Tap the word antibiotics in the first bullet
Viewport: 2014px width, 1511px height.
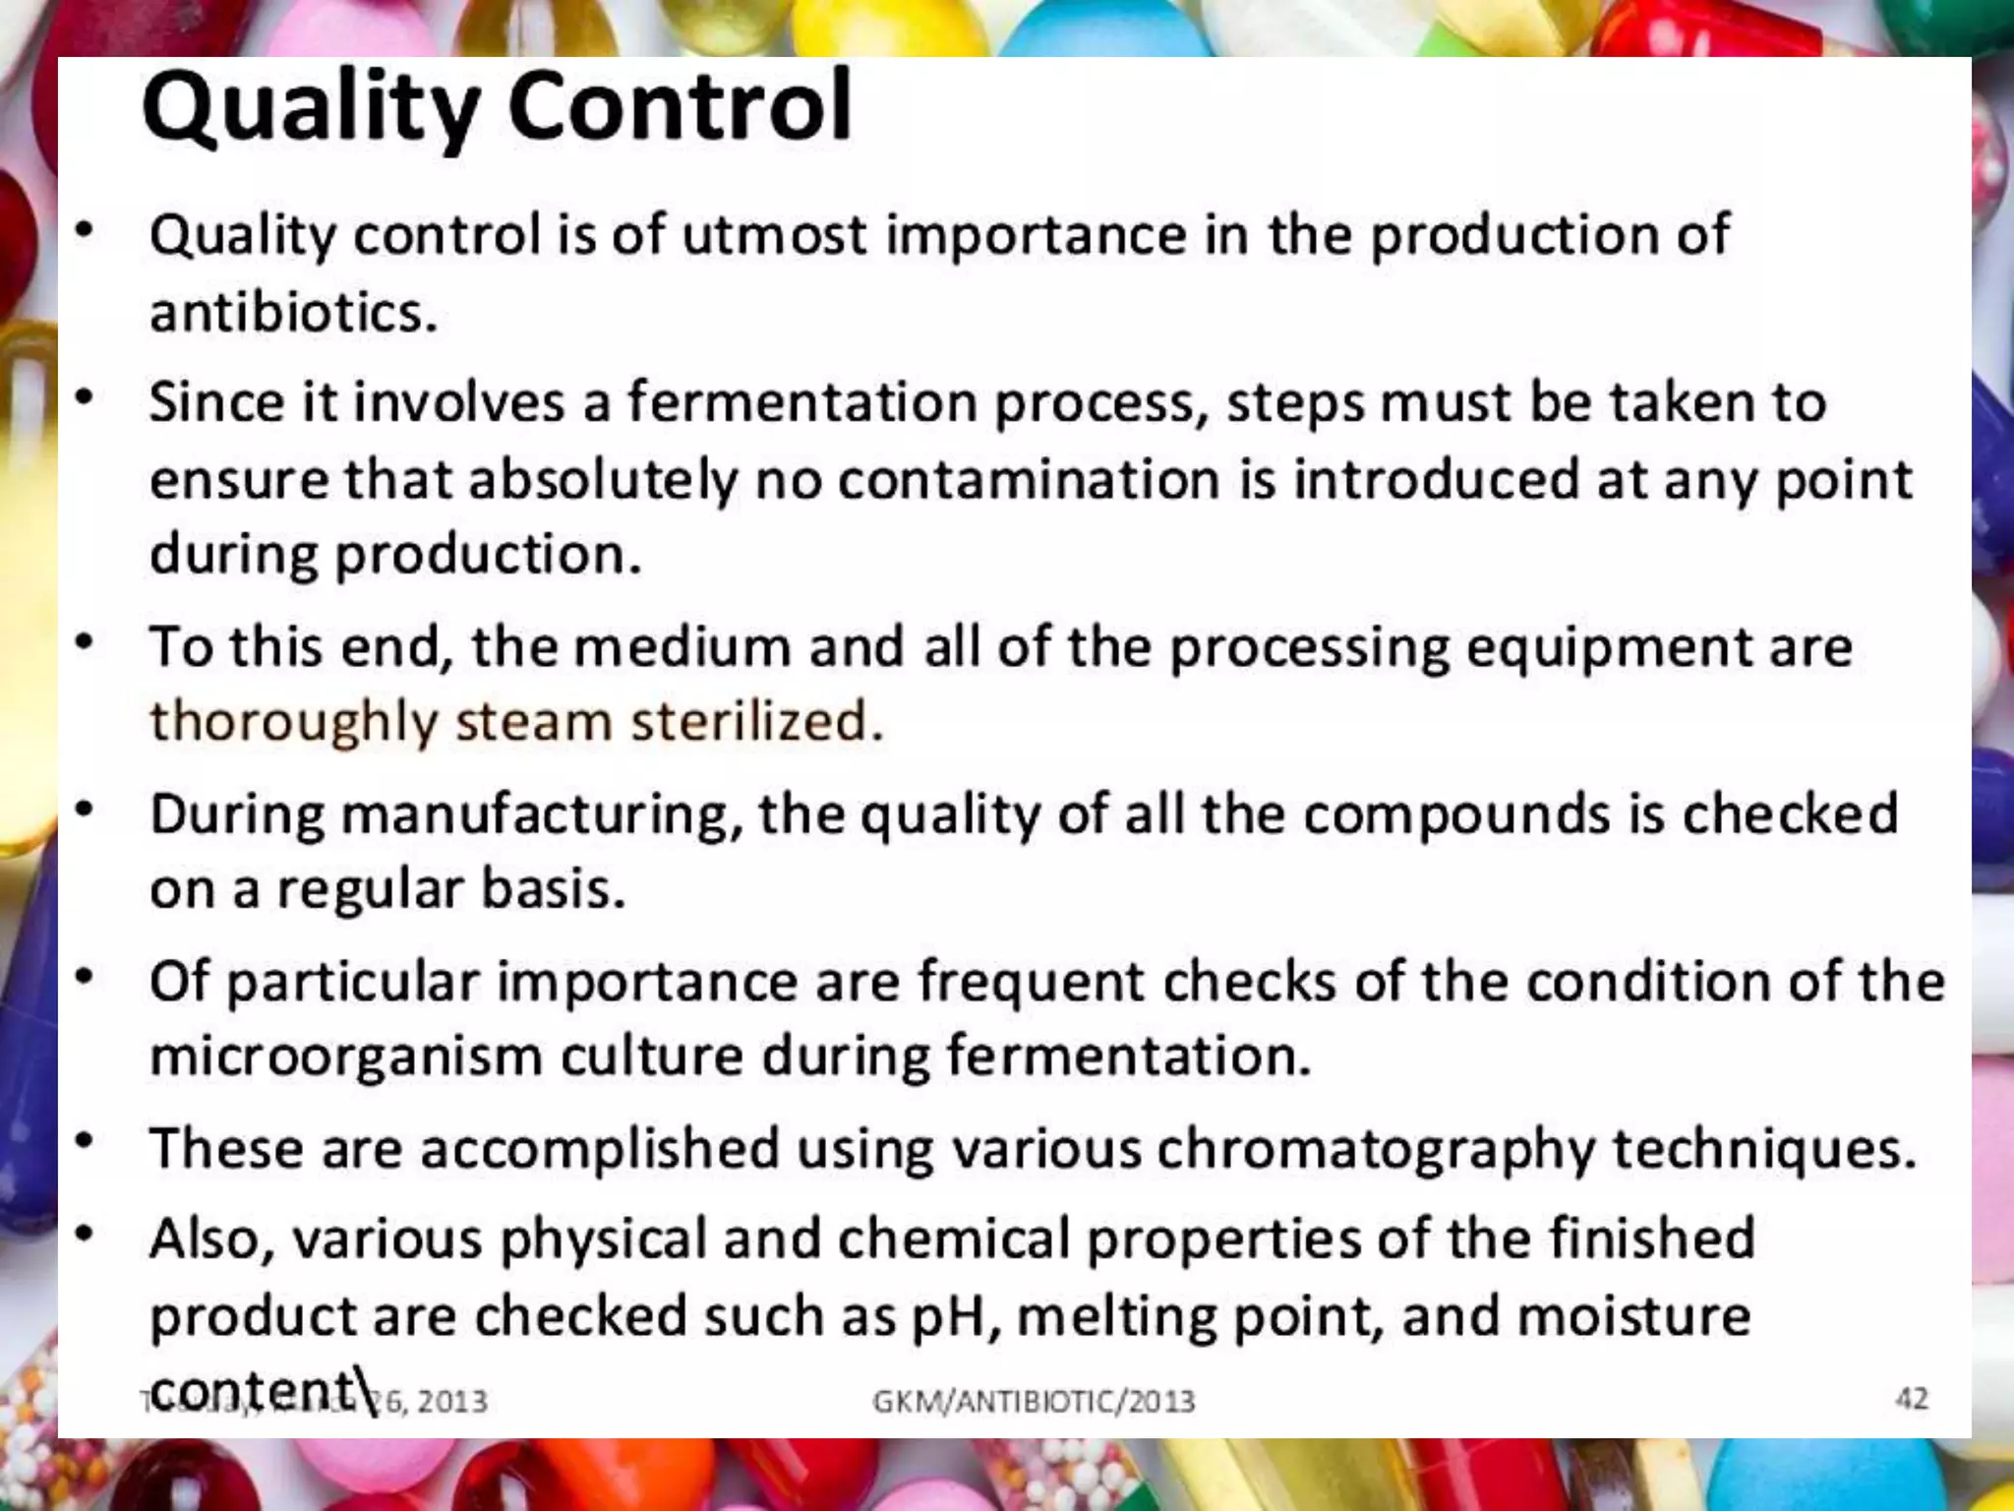(293, 313)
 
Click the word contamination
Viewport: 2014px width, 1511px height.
(1029, 480)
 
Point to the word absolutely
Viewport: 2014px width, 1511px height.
(603, 480)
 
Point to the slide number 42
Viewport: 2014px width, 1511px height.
(1911, 1398)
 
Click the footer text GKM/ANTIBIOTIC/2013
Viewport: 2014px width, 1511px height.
(1034, 1401)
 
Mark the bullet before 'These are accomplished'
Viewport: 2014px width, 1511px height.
(86, 1142)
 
